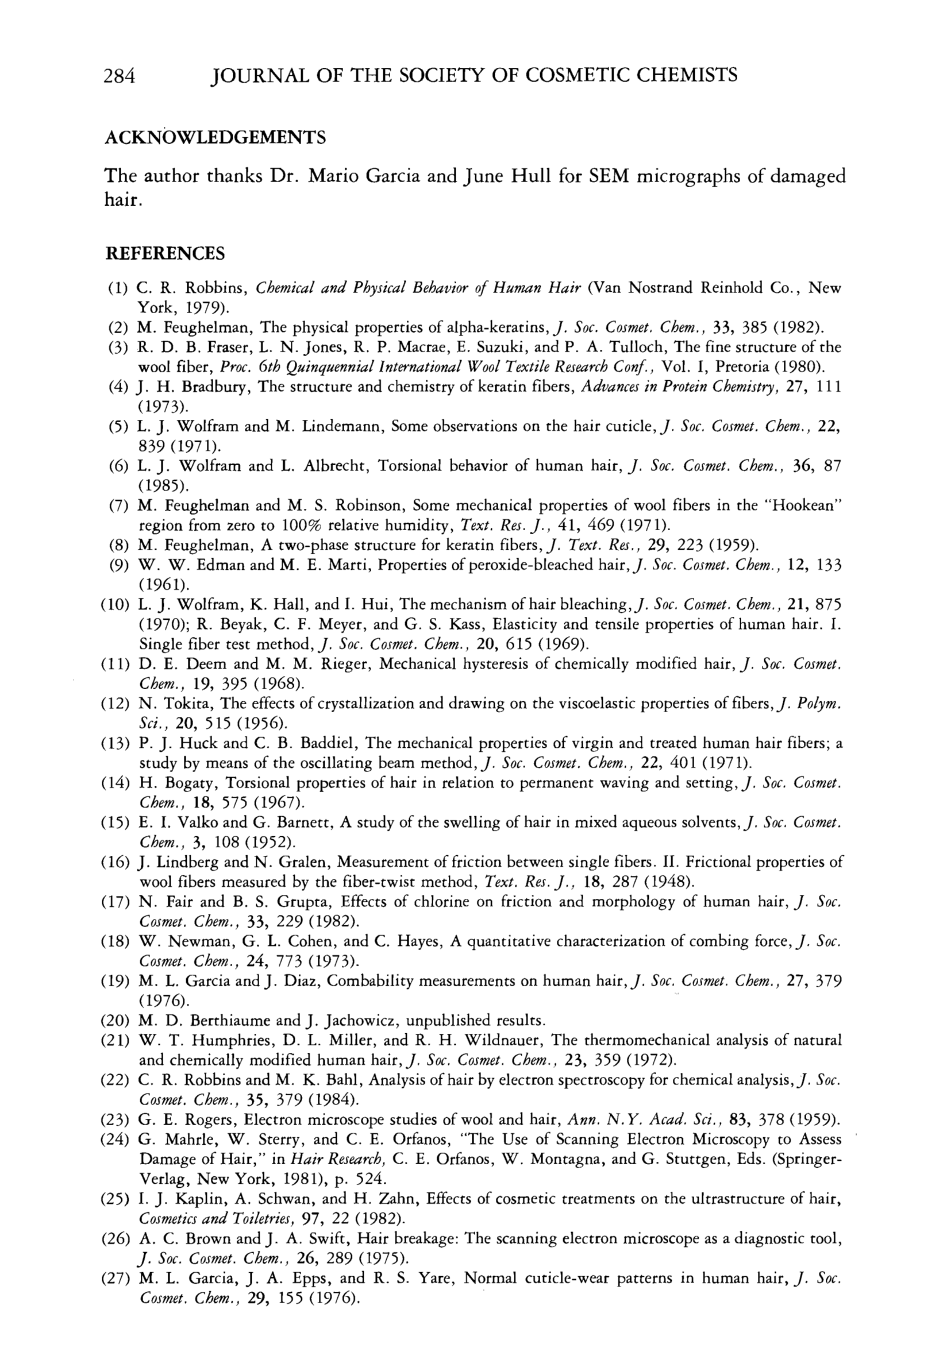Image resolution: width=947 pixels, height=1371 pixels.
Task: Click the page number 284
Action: coord(121,75)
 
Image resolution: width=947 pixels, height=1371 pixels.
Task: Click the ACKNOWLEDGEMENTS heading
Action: coord(215,138)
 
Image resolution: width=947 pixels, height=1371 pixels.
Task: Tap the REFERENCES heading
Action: coord(165,254)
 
